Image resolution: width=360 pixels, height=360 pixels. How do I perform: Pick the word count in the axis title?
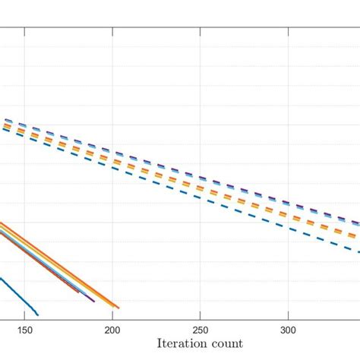(237, 343)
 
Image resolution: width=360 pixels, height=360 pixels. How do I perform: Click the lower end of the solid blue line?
(37, 314)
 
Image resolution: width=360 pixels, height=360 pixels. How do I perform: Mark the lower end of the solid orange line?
(118, 307)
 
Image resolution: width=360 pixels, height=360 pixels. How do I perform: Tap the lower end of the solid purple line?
(93, 302)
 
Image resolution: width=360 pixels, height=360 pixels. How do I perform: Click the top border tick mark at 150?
(25, 30)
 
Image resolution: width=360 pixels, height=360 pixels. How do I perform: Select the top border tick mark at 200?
(112, 30)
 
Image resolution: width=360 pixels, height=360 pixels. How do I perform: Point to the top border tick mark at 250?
(200, 30)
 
